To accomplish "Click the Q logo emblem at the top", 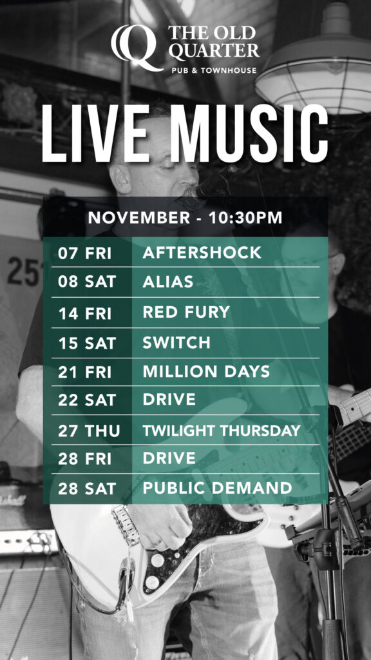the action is (x=137, y=48).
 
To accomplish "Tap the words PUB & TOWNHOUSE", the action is (x=214, y=70).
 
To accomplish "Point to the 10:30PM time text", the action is (x=240, y=218).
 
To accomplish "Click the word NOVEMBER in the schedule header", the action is (x=139, y=218).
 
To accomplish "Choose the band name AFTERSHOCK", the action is (x=202, y=253).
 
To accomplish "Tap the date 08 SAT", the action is (x=87, y=282).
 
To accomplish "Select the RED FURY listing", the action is (x=186, y=312).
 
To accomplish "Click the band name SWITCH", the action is (x=176, y=343).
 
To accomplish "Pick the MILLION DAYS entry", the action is (x=206, y=372).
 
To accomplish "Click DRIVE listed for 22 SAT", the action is (x=169, y=400).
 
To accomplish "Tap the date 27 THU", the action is (x=89, y=431).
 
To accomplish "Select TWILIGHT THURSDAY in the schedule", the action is (x=222, y=431).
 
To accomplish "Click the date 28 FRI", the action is (x=84, y=458).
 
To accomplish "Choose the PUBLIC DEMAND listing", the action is (x=217, y=488).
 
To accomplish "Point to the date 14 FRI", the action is (x=84, y=313).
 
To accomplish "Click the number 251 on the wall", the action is (x=25, y=271).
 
